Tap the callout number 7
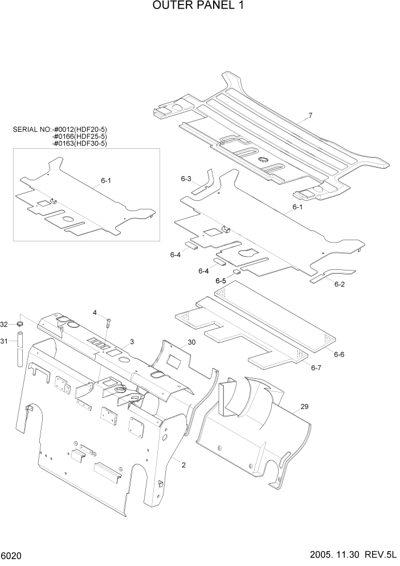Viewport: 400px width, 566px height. [311, 116]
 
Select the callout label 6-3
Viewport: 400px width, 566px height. [186, 179]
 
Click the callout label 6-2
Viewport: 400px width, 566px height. [340, 284]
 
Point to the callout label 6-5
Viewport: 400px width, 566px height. [221, 281]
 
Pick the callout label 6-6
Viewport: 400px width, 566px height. [339, 354]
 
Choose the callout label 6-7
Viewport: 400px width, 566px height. [316, 368]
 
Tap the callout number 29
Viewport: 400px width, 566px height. [304, 406]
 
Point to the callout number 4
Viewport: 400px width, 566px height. [95, 312]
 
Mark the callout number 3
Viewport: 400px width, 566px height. [132, 342]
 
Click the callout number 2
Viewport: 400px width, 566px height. [183, 465]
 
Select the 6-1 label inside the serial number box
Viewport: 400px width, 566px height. [106, 180]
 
